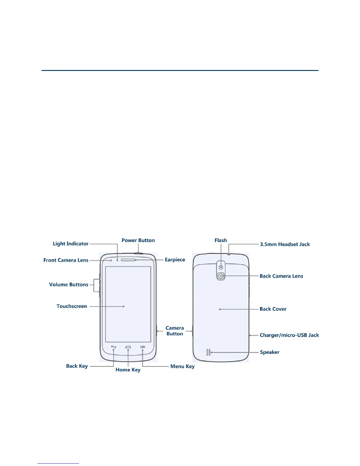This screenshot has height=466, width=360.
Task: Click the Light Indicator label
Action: [70, 244]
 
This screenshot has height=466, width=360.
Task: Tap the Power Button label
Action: [138, 240]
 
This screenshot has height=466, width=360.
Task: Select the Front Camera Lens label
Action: [66, 260]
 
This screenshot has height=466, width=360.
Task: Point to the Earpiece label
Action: [175, 260]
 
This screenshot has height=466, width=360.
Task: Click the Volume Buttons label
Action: [69, 284]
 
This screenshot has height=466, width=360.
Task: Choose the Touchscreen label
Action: [72, 306]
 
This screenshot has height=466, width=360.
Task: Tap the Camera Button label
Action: [175, 331]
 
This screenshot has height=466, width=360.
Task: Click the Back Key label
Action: [77, 366]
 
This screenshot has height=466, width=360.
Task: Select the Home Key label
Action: [128, 370]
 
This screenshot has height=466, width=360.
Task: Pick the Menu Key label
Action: [182, 366]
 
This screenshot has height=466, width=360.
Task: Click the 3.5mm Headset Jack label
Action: [285, 244]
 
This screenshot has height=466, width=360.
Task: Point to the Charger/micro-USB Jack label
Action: [289, 335]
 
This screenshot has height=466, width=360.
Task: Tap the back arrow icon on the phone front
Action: [114, 347]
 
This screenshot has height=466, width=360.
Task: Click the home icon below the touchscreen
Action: [128, 347]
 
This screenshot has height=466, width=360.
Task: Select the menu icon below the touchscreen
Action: [143, 347]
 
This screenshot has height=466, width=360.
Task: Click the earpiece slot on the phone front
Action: [128, 260]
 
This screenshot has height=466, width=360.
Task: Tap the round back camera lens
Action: [221, 276]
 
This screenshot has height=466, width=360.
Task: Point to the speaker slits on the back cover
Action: [208, 352]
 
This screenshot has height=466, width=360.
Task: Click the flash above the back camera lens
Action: [221, 267]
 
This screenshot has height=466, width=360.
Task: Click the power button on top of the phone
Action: [138, 253]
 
